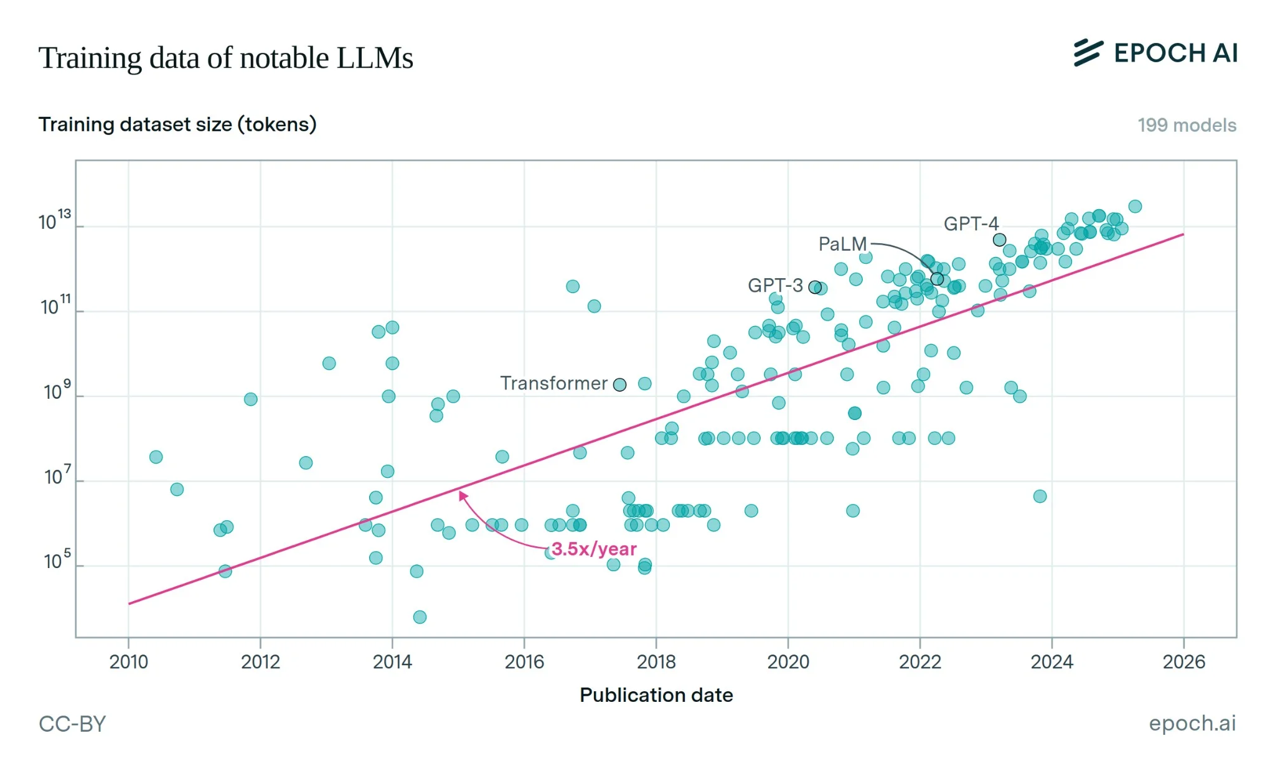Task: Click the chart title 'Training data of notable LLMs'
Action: point(225,58)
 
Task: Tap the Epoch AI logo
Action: point(1155,53)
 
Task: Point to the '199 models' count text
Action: point(1187,125)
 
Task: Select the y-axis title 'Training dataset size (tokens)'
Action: point(177,124)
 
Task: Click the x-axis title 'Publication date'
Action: point(656,695)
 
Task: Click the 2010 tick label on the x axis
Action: point(128,661)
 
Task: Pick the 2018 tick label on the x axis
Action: point(656,661)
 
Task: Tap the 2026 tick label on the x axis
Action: point(1183,661)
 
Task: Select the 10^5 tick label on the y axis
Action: point(57,561)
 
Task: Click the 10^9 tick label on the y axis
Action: point(57,391)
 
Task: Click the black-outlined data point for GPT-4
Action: point(999,240)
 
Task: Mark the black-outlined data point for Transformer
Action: point(619,385)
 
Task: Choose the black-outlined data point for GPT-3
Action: point(815,287)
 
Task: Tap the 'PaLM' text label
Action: point(842,244)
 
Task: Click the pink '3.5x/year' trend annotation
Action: point(594,549)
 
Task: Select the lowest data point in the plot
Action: point(420,617)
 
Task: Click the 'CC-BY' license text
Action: point(72,724)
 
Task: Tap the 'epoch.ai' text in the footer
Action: point(1192,723)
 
